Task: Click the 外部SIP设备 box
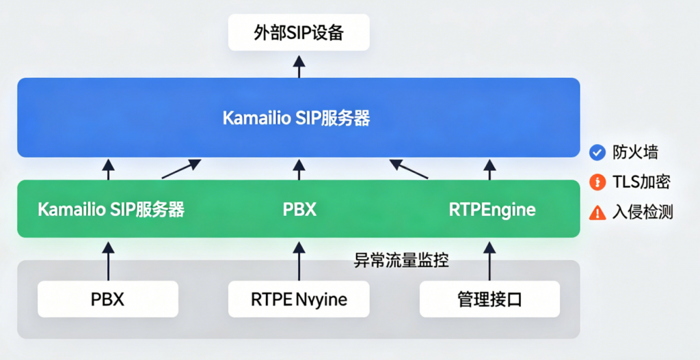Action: pyautogui.click(x=299, y=33)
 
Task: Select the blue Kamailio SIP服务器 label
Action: pyautogui.click(x=296, y=118)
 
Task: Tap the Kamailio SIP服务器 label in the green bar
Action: pyautogui.click(x=111, y=210)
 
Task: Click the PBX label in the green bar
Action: pyautogui.click(x=299, y=210)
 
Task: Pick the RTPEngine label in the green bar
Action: pyautogui.click(x=492, y=210)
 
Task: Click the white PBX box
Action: pyautogui.click(x=107, y=299)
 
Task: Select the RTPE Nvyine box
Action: pyautogui.click(x=299, y=299)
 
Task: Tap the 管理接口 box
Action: pyautogui.click(x=489, y=299)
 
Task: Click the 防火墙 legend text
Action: pyautogui.click(x=635, y=152)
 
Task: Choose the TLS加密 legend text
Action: pyautogui.click(x=641, y=182)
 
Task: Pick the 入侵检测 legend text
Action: pyautogui.click(x=643, y=212)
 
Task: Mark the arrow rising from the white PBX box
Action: pyautogui.click(x=108, y=260)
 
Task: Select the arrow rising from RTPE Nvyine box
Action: pyautogui.click(x=299, y=260)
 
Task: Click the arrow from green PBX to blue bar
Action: pyautogui.click(x=299, y=169)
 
